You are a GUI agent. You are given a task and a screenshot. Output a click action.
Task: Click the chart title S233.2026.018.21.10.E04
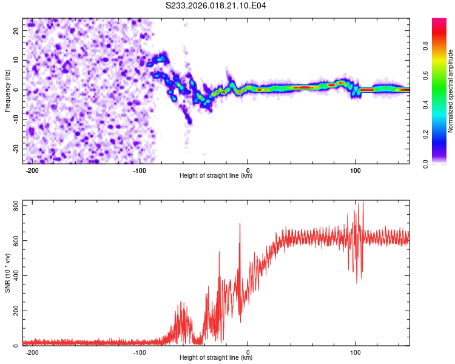216,5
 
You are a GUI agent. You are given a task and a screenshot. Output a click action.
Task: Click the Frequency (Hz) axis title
7,90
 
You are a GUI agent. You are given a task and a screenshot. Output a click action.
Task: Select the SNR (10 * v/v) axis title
7,272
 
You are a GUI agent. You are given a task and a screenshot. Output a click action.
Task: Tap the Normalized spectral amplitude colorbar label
451,91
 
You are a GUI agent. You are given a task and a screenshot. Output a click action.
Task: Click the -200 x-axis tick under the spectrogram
33,170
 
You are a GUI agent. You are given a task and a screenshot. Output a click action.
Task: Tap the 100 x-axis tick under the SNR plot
356,352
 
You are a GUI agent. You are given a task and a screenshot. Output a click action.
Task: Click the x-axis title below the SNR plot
216,358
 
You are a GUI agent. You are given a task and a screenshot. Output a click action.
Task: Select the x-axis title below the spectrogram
216,176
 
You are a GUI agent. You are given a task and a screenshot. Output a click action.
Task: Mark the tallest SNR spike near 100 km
363,202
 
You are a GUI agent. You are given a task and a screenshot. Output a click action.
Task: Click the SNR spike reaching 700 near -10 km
240,224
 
